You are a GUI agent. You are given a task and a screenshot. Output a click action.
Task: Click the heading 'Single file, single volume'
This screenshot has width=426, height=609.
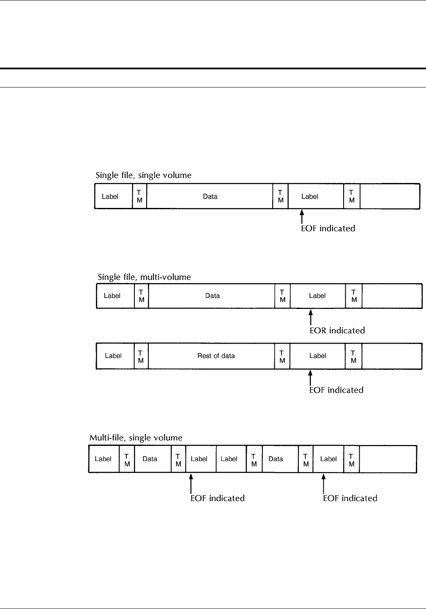pos(143,175)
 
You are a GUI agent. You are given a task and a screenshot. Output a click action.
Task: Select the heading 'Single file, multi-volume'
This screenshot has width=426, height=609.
pos(144,277)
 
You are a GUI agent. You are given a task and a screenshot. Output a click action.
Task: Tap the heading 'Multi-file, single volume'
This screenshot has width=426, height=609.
pos(136,437)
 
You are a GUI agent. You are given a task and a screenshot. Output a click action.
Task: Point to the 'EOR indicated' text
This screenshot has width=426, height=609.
pos(337,330)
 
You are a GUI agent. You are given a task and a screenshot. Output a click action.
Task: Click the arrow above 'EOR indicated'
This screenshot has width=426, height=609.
pos(311,317)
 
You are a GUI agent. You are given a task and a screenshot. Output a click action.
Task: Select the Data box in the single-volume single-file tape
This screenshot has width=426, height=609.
pos(210,196)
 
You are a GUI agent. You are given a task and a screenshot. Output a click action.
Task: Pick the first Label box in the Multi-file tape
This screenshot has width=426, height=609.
pos(104,459)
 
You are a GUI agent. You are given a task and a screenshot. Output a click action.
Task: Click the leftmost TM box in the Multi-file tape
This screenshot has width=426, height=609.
pos(127,459)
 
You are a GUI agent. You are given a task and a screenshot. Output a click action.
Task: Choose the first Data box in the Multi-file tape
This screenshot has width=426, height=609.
pos(150,459)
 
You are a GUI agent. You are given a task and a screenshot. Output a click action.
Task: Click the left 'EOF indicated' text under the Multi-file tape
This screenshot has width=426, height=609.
pos(218,498)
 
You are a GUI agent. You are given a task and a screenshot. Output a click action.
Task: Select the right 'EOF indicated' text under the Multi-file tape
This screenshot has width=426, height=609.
pos(350,498)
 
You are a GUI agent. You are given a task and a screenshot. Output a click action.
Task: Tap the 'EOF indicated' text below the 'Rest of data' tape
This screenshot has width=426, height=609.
pos(336,390)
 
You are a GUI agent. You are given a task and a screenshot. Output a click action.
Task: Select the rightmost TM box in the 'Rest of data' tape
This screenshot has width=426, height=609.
pos(354,356)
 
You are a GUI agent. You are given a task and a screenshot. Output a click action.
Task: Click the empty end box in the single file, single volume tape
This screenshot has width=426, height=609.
pos(390,196)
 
